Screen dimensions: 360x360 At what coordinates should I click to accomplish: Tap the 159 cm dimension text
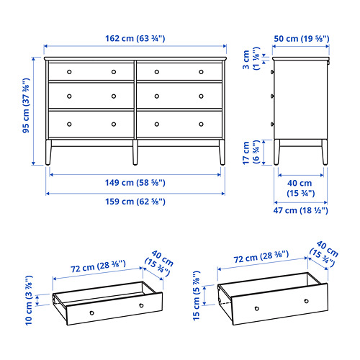pos(135,202)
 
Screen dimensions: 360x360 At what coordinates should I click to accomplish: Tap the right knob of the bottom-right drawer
pos(201,122)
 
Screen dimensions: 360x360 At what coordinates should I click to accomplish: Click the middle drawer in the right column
pos(179,96)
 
